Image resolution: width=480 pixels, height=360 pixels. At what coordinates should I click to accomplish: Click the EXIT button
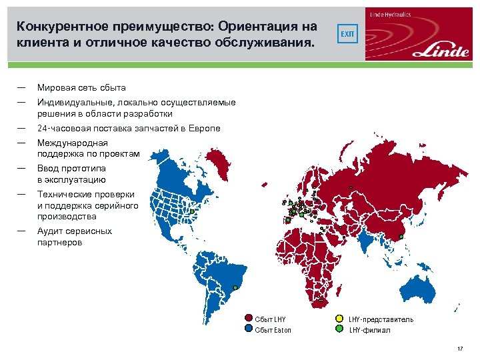348,33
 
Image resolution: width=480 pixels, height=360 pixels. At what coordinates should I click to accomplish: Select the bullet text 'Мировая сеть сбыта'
81,87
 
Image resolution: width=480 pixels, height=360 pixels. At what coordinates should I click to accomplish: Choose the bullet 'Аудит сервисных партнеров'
75,237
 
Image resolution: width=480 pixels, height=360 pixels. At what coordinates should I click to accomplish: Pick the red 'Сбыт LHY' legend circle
249,319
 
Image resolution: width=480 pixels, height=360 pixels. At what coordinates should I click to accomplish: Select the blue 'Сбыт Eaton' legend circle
249,329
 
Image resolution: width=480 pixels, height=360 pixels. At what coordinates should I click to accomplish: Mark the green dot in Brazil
235,288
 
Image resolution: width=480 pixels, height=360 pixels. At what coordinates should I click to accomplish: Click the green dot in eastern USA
192,211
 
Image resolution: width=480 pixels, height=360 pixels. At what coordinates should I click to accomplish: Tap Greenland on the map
221,157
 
